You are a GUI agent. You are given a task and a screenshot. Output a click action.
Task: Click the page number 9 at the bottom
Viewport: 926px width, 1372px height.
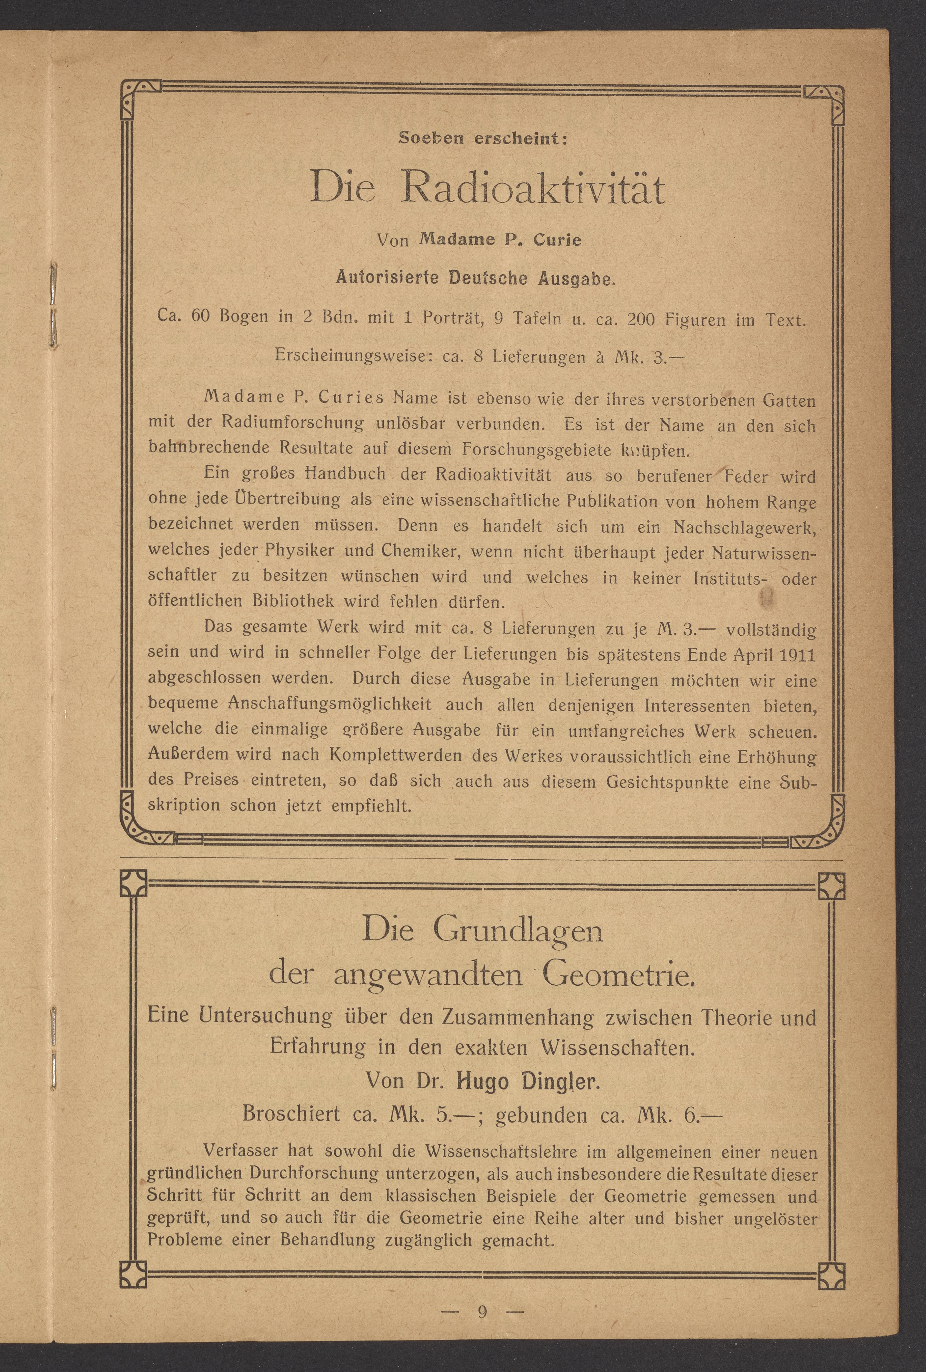click(482, 1312)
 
